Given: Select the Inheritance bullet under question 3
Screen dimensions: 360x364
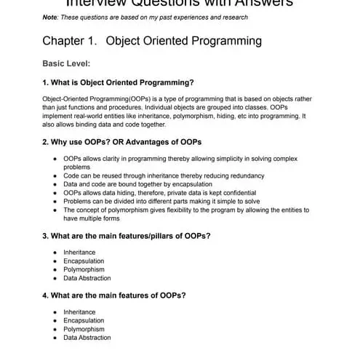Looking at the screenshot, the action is pyautogui.click(x=79, y=253).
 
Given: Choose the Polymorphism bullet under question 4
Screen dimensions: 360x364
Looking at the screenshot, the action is pyautogui.click(x=83, y=329).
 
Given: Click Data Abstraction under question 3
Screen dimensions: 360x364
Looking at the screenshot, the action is pyautogui.click(x=87, y=278).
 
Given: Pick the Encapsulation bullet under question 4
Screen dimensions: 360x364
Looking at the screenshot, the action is pyautogui.click(x=84, y=320).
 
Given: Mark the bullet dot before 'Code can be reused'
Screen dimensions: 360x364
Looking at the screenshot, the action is pyautogui.click(x=56, y=175).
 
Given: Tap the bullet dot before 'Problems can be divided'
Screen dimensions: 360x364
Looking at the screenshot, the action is pyautogui.click(x=56, y=201).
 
